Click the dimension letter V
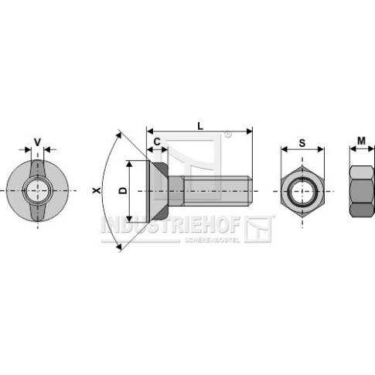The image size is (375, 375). [38, 142]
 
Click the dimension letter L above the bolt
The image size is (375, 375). [200, 126]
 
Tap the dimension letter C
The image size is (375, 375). [157, 141]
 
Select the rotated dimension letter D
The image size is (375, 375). [123, 190]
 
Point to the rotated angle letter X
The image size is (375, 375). [97, 191]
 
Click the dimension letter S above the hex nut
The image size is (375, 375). [302, 143]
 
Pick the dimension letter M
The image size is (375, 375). [361, 141]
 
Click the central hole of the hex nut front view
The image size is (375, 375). [302, 192]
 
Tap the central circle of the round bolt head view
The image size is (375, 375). [38, 191]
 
